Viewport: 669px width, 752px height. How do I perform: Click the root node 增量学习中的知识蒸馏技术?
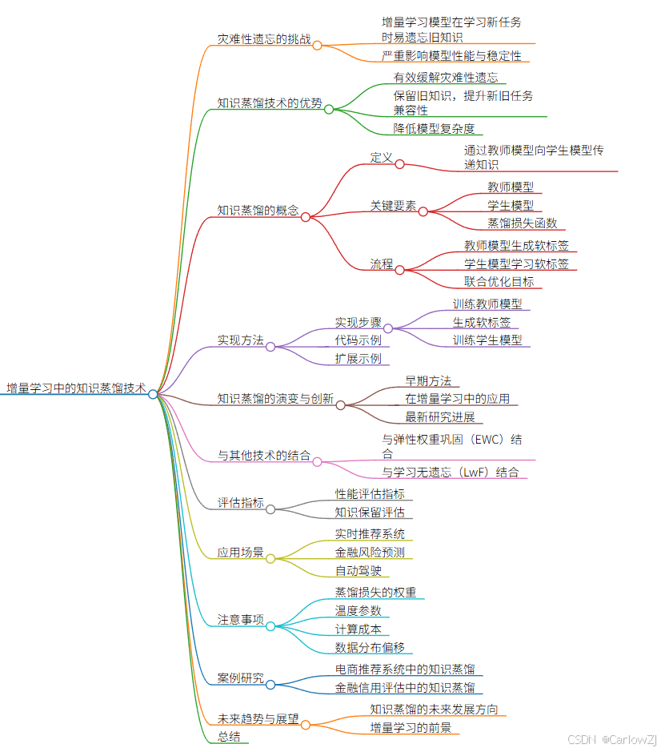click(76, 388)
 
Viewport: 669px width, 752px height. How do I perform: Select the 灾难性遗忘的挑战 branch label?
click(264, 38)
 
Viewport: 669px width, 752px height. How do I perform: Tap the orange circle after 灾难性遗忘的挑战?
click(317, 46)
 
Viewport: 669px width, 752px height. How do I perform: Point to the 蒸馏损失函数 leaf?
click(522, 223)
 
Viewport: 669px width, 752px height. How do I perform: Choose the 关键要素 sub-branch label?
click(392, 206)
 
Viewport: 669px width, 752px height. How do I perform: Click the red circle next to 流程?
click(399, 270)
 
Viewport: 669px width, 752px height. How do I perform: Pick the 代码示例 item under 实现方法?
click(358, 340)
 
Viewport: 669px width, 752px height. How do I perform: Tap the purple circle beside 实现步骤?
click(388, 328)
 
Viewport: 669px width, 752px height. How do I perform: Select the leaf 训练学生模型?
click(487, 340)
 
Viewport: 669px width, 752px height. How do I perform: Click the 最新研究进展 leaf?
click(439, 416)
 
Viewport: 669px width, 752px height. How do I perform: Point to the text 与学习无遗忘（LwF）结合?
click(450, 472)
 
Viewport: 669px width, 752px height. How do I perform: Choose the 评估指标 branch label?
click(240, 503)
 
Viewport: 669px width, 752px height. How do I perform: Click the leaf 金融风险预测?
click(369, 553)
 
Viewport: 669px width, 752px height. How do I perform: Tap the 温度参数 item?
click(358, 610)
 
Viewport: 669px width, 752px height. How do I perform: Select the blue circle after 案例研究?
click(270, 685)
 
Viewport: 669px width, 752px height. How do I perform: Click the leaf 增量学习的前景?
click(410, 727)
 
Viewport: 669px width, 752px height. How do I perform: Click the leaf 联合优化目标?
click(499, 281)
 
